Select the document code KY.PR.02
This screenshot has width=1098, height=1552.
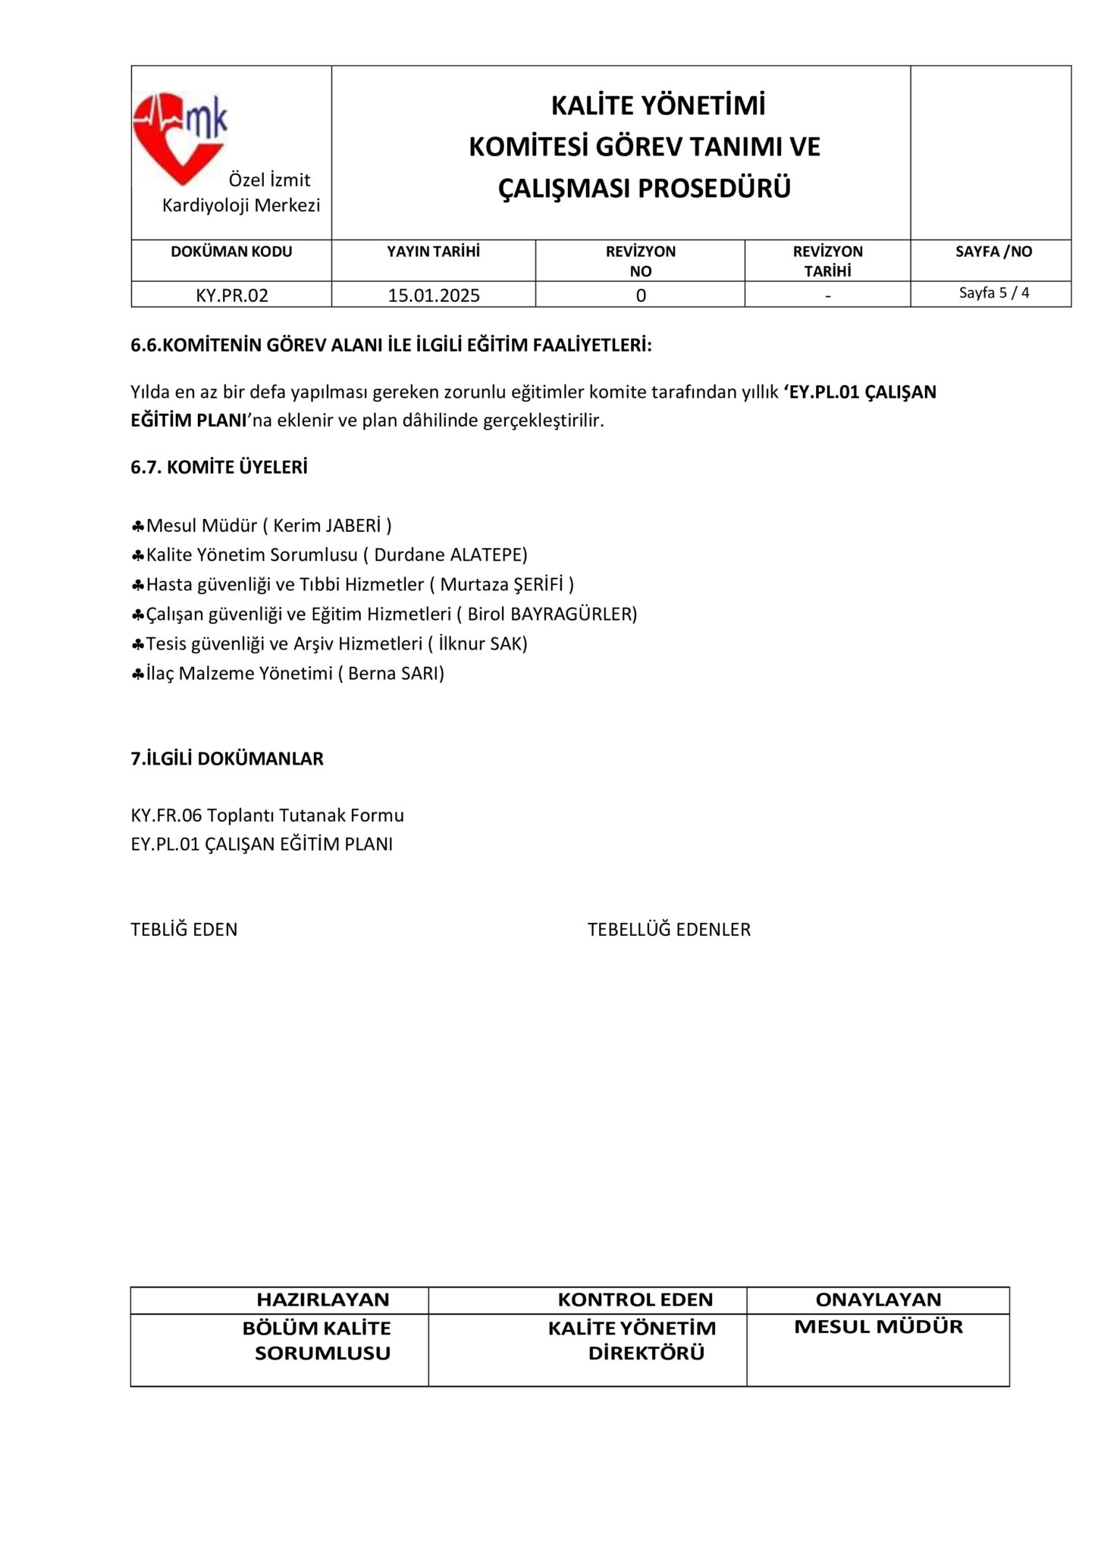[x=232, y=296]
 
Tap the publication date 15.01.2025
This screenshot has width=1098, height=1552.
[x=434, y=296]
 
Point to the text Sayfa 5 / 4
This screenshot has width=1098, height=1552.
[x=994, y=293]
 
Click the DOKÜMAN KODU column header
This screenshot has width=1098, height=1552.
[x=231, y=252]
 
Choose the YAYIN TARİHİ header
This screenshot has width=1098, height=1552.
[x=434, y=252]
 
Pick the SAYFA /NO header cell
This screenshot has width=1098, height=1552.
[x=993, y=252]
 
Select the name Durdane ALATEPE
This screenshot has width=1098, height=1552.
[x=450, y=555]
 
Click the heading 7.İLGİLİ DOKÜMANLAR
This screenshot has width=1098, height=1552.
[x=227, y=759]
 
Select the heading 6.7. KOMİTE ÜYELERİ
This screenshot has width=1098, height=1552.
[x=219, y=468]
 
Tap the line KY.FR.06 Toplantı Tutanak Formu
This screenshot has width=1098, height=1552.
[x=267, y=815]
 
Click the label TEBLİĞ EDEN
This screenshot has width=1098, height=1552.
[x=184, y=929]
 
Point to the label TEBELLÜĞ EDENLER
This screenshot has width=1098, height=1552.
[x=669, y=929]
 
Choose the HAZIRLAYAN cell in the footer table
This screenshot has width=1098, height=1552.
[x=322, y=1300]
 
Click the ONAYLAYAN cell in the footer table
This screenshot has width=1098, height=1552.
[x=878, y=1300]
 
